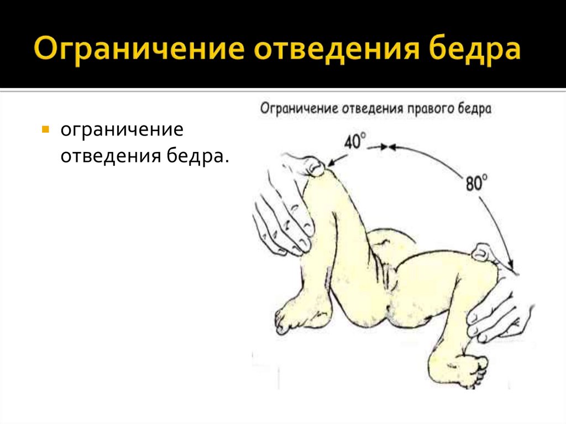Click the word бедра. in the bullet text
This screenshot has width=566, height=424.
click(x=197, y=156)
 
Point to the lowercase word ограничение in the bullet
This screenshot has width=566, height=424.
click(x=122, y=132)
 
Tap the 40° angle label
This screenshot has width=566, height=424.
click(x=355, y=142)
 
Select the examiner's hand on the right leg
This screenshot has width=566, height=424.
click(x=497, y=310)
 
